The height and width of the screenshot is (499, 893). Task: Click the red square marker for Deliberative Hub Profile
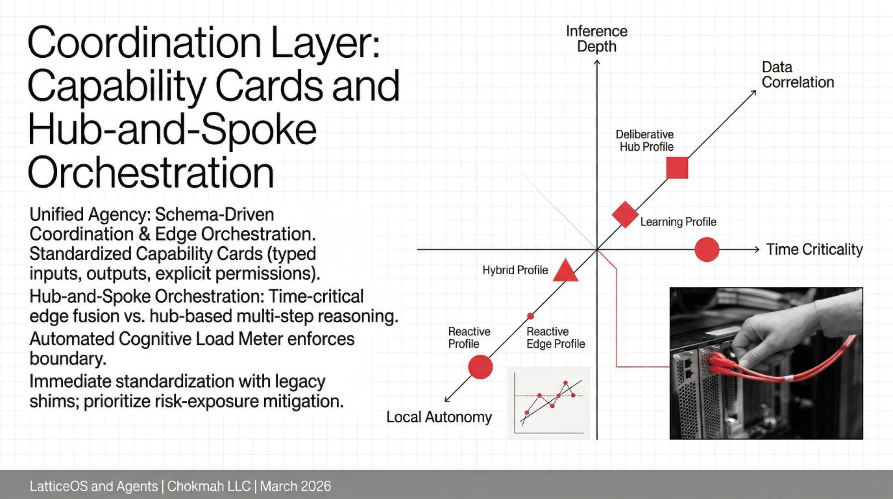(677, 168)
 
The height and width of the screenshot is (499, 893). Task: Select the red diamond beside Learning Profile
(625, 215)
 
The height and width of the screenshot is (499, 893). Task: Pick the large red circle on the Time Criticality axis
(706, 249)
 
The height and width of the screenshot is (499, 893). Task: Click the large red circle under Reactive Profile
(480, 367)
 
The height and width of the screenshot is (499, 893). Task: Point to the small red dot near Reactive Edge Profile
(530, 316)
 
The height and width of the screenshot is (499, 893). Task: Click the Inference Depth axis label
(596, 39)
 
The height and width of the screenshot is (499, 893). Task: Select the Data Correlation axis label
(797, 74)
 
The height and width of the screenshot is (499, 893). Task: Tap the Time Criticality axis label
(814, 249)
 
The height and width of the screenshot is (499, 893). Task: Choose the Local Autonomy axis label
(439, 417)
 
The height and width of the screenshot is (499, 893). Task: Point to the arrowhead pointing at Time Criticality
(757, 249)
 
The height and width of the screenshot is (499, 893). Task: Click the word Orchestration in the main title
(151, 173)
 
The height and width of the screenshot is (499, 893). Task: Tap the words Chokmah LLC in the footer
(209, 486)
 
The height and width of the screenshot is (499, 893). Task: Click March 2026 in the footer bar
(295, 486)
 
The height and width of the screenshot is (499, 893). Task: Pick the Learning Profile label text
(678, 222)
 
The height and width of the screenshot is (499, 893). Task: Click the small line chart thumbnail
(549, 403)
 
